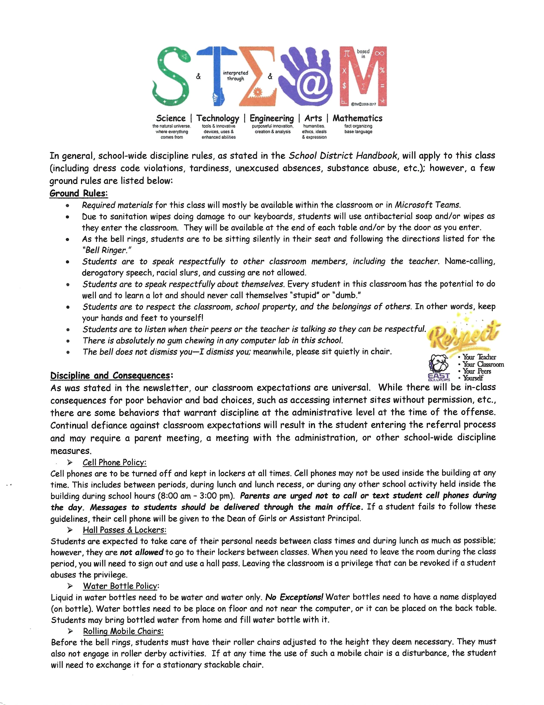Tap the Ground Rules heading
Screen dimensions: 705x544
(x=79, y=193)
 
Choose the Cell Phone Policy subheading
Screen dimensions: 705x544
(x=115, y=462)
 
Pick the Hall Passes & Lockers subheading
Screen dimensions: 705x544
(x=124, y=530)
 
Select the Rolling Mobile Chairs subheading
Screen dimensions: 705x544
(x=123, y=631)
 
